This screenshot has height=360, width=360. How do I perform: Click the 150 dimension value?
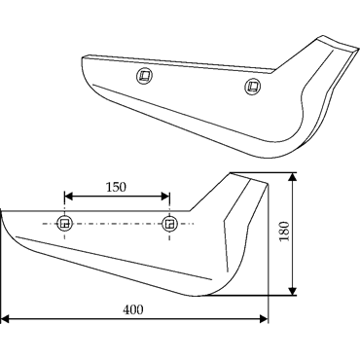pos(116,187)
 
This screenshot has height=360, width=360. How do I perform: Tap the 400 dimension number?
pos(132,310)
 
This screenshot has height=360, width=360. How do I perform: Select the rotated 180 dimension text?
pos(284,232)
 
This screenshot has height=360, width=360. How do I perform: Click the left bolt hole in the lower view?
pos(65,223)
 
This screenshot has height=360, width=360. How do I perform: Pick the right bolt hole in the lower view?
pos(169,224)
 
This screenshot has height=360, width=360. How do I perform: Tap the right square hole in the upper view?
pos(253,87)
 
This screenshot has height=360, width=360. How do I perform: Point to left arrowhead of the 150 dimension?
pos(68,197)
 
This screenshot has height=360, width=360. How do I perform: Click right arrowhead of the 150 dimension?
pos(165,197)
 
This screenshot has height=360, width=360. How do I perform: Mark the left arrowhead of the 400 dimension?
pos(5,319)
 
